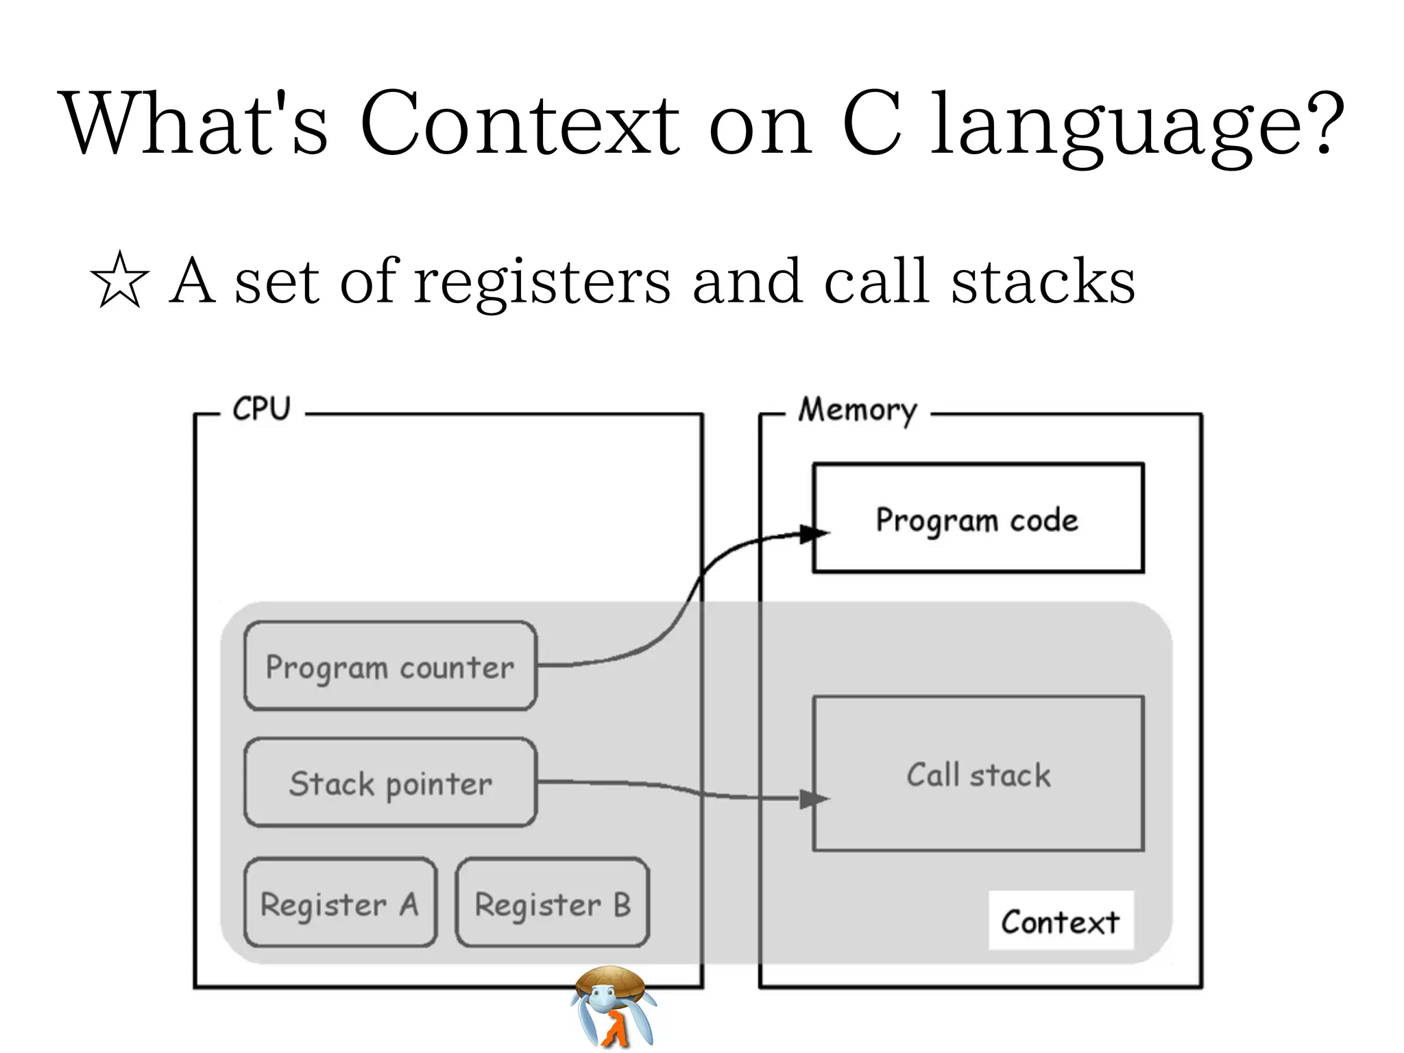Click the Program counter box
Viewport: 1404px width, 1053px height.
pyautogui.click(x=390, y=666)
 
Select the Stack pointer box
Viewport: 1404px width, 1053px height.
pyautogui.click(x=390, y=782)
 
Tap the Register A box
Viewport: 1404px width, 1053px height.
pyautogui.click(x=340, y=903)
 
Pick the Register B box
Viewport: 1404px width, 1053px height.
pyautogui.click(x=552, y=903)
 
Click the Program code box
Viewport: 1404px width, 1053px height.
pyautogui.click(x=978, y=518)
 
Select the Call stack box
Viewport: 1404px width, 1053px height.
pyautogui.click(x=978, y=774)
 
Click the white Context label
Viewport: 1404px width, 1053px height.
pyautogui.click(x=1060, y=921)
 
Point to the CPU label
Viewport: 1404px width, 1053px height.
pyautogui.click(x=261, y=409)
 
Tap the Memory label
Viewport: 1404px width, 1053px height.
pyautogui.click(x=857, y=410)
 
